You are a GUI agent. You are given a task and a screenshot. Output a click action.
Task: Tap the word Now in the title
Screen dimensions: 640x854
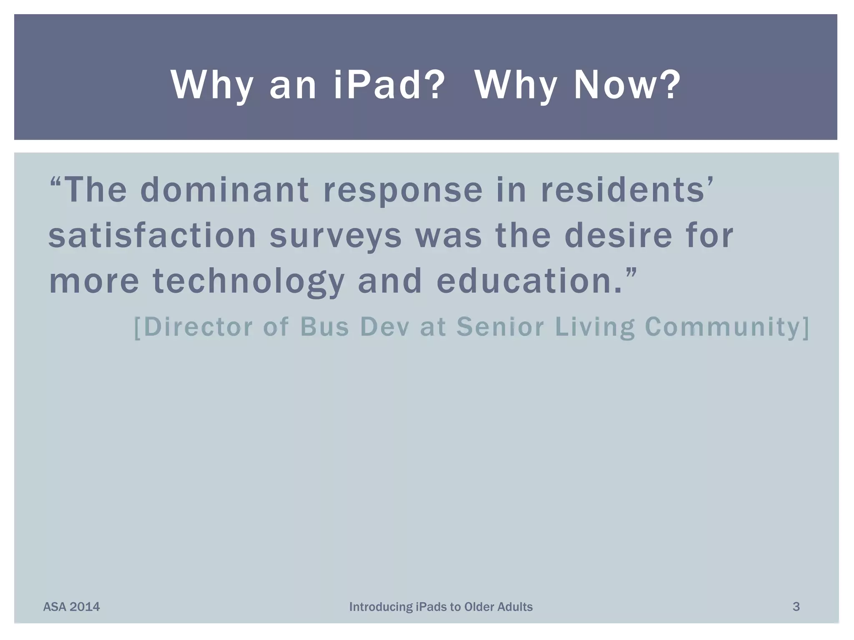(625, 85)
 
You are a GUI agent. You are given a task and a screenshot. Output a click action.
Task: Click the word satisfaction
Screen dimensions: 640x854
(152, 235)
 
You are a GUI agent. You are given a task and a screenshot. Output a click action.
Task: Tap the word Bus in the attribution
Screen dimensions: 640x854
(324, 327)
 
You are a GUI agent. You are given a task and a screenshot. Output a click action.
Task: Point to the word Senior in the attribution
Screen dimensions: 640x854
(500, 327)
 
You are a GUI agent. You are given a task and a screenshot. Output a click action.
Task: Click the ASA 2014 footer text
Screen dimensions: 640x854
(71, 607)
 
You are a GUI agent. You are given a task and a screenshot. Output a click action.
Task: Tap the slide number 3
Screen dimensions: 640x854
(796, 607)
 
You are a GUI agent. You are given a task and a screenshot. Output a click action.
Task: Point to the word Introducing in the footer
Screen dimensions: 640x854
(380, 607)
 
